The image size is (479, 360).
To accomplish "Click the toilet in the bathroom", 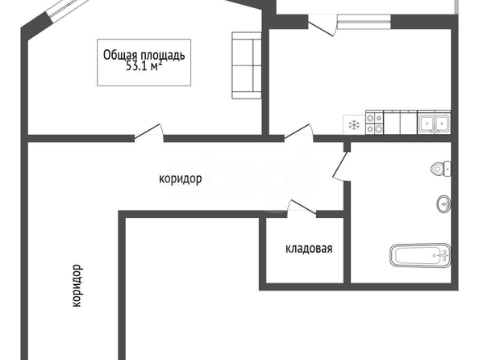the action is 441,169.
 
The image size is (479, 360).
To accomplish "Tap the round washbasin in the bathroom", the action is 444,203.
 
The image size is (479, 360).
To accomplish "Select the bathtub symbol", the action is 420,255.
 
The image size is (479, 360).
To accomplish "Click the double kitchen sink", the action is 434,123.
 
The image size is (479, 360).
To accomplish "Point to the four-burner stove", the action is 374,123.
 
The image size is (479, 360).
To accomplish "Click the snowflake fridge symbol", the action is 354,124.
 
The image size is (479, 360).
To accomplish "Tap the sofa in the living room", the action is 247,65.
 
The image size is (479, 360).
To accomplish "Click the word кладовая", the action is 309,249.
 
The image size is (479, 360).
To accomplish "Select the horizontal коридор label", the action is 181,178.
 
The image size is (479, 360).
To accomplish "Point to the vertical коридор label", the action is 77,286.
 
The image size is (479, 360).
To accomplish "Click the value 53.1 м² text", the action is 144,66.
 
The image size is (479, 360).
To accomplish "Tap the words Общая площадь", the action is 144,56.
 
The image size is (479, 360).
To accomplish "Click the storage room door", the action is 302,207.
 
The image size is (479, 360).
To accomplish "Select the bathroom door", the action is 341,165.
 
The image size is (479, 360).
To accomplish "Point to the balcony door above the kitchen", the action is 322,25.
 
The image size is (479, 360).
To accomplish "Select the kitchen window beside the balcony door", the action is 364,22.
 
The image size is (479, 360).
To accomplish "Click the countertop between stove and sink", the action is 401,123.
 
